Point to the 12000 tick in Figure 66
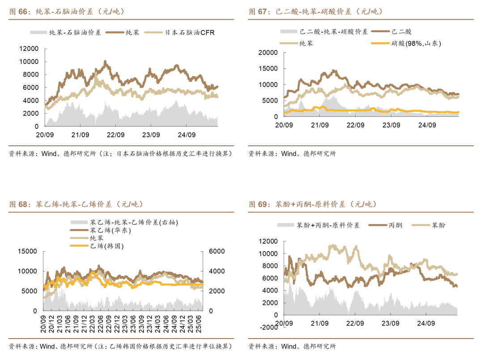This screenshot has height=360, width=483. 30,48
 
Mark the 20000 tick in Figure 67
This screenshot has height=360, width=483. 268,53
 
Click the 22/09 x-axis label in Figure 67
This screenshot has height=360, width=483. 356,125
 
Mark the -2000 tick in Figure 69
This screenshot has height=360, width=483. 268,327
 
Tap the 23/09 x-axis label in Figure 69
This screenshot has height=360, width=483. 390,323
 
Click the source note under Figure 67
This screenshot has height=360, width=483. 292,154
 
